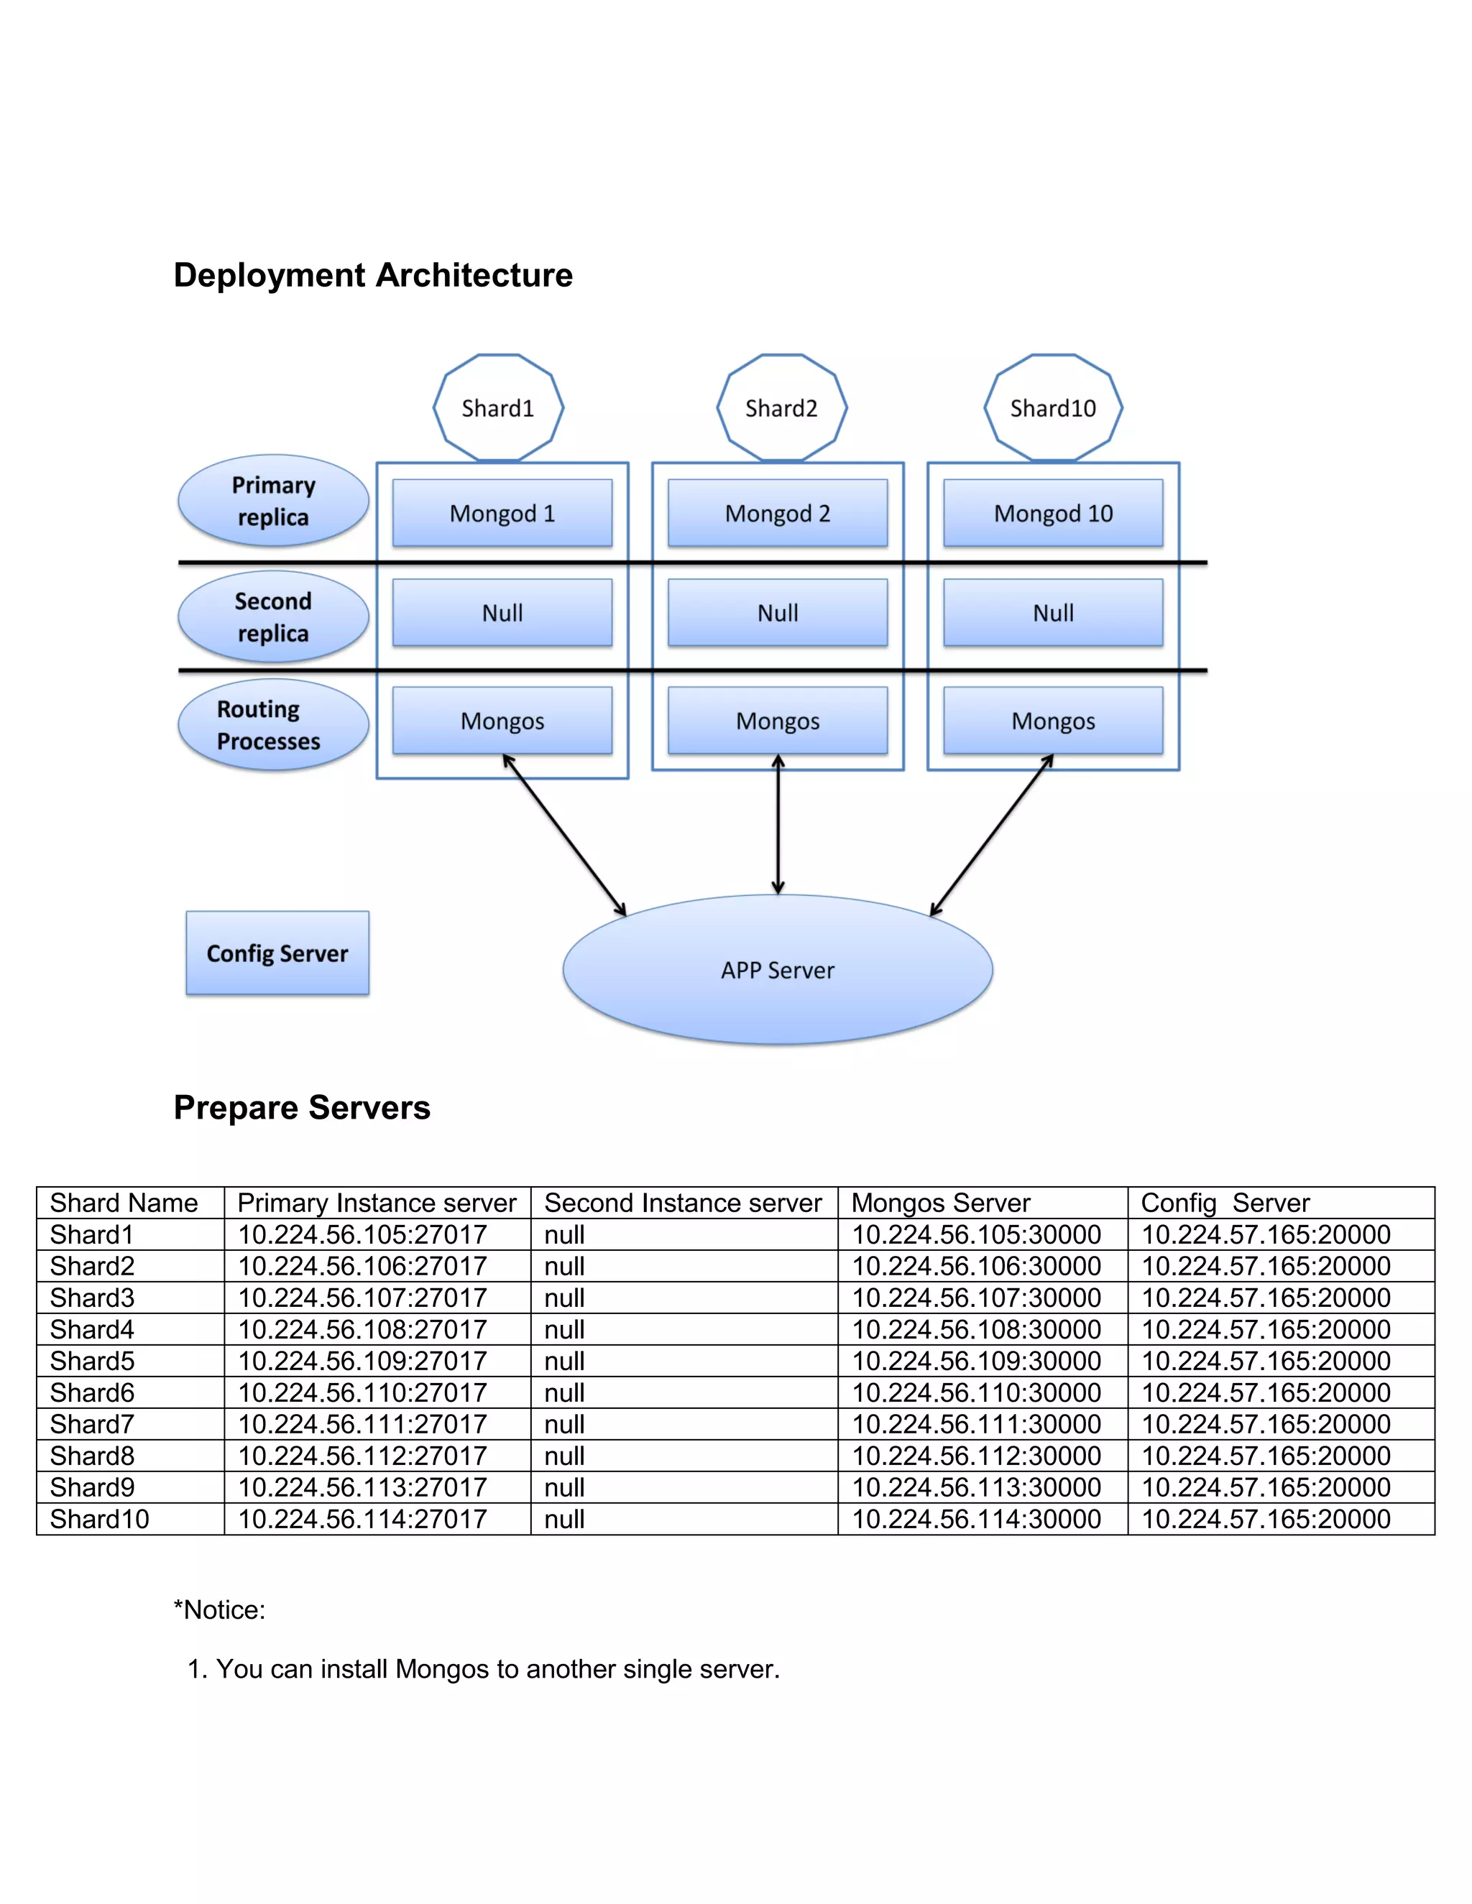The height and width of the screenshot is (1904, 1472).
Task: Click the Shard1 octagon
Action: point(498,407)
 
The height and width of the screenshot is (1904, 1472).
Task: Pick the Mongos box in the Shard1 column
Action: point(502,720)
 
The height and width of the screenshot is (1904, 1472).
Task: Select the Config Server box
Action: point(277,953)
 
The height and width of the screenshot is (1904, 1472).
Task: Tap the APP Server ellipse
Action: point(777,969)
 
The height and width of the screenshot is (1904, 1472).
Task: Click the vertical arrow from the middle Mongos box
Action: point(778,824)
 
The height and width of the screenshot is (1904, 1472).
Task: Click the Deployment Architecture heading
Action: point(373,274)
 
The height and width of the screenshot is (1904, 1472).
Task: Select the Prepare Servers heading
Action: point(302,1107)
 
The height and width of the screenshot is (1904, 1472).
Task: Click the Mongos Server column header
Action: point(941,1203)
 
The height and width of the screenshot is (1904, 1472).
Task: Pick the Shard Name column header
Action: point(124,1203)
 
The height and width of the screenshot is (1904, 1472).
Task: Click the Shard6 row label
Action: point(93,1392)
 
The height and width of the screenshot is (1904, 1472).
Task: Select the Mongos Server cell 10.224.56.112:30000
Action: point(976,1455)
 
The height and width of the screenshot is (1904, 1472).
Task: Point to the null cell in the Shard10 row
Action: point(564,1519)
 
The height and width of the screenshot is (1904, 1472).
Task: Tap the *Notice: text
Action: point(220,1609)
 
